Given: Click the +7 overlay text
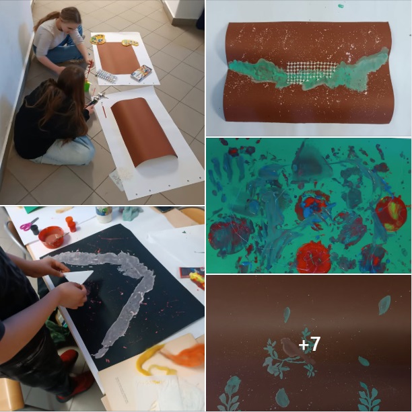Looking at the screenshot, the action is [309, 344].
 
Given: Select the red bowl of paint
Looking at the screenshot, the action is [51, 237].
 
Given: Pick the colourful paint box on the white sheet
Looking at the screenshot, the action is [141, 73].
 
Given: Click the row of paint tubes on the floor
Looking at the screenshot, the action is [106, 76].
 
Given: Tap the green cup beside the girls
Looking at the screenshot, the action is [88, 85].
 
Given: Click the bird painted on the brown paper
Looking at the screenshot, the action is [294, 350].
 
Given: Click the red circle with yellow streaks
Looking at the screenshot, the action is [391, 214].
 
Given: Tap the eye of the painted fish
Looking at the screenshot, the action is [294, 167].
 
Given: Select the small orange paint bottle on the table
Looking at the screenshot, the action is [71, 224].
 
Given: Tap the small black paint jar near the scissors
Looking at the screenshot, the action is [35, 230].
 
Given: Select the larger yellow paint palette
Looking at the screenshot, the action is [98, 40].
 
